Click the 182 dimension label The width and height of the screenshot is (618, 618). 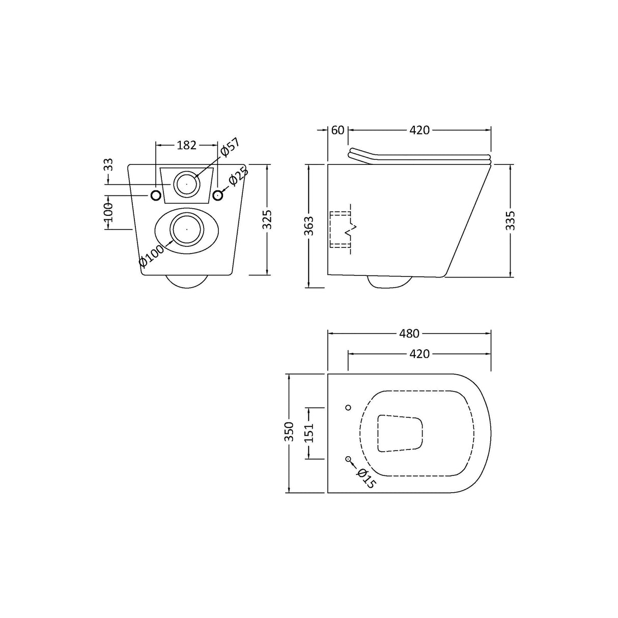(186, 145)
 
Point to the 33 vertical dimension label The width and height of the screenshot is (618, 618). (108, 164)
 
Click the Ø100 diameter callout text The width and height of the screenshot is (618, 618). (152, 256)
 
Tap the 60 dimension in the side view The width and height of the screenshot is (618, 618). (338, 130)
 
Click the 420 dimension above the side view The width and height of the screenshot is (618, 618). (419, 130)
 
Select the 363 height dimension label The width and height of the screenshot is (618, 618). (309, 226)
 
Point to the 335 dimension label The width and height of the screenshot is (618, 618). (511, 220)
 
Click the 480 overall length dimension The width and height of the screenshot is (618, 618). (409, 334)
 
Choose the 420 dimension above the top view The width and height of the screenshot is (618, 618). (419, 354)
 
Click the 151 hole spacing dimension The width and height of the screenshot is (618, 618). (309, 433)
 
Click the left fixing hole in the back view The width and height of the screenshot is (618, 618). (156, 195)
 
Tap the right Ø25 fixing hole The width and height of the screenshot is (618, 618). (218, 195)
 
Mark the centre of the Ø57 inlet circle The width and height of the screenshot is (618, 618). (187, 183)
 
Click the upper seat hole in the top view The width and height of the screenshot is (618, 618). (348, 407)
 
